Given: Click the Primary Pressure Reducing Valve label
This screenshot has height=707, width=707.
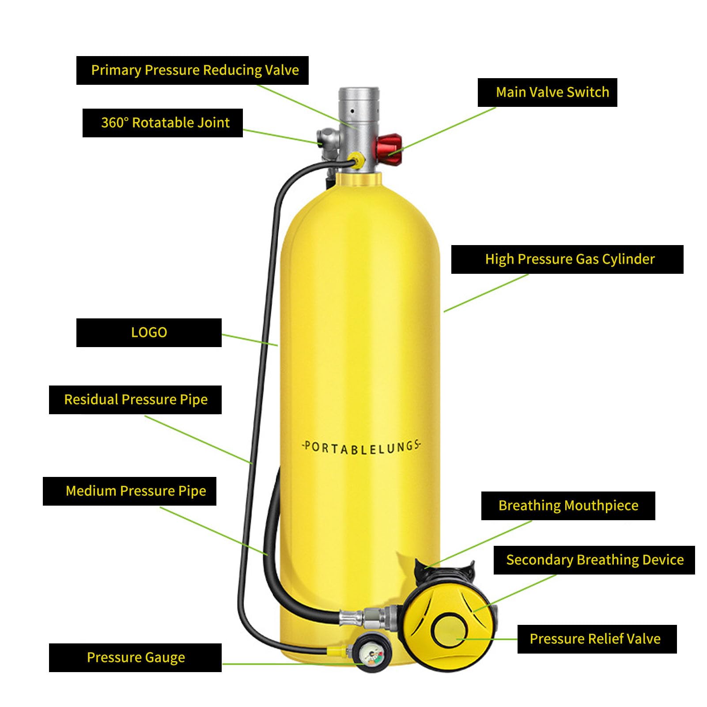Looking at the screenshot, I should tap(192, 70).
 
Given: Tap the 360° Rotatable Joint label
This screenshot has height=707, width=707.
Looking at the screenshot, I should tap(163, 123).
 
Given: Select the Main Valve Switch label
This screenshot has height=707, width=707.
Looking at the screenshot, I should tap(547, 92).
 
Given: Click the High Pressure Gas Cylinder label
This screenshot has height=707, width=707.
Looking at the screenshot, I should tap(567, 259).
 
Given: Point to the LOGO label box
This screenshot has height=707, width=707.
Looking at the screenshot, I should tap(149, 333).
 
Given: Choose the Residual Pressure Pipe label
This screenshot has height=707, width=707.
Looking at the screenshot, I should tap(135, 400).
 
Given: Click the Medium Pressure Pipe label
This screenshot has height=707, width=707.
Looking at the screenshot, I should tap(129, 491).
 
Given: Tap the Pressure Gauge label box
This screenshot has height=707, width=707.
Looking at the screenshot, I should tap(135, 658).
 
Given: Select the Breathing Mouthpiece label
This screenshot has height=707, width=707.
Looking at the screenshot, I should tap(568, 506).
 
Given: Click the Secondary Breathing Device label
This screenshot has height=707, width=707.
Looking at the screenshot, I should tap(594, 560).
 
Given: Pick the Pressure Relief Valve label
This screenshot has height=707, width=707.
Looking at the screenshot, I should tap(597, 639).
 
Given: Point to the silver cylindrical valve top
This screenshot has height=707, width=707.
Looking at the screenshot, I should tap(359, 108).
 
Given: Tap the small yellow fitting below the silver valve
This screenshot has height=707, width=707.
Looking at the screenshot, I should tap(356, 160).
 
